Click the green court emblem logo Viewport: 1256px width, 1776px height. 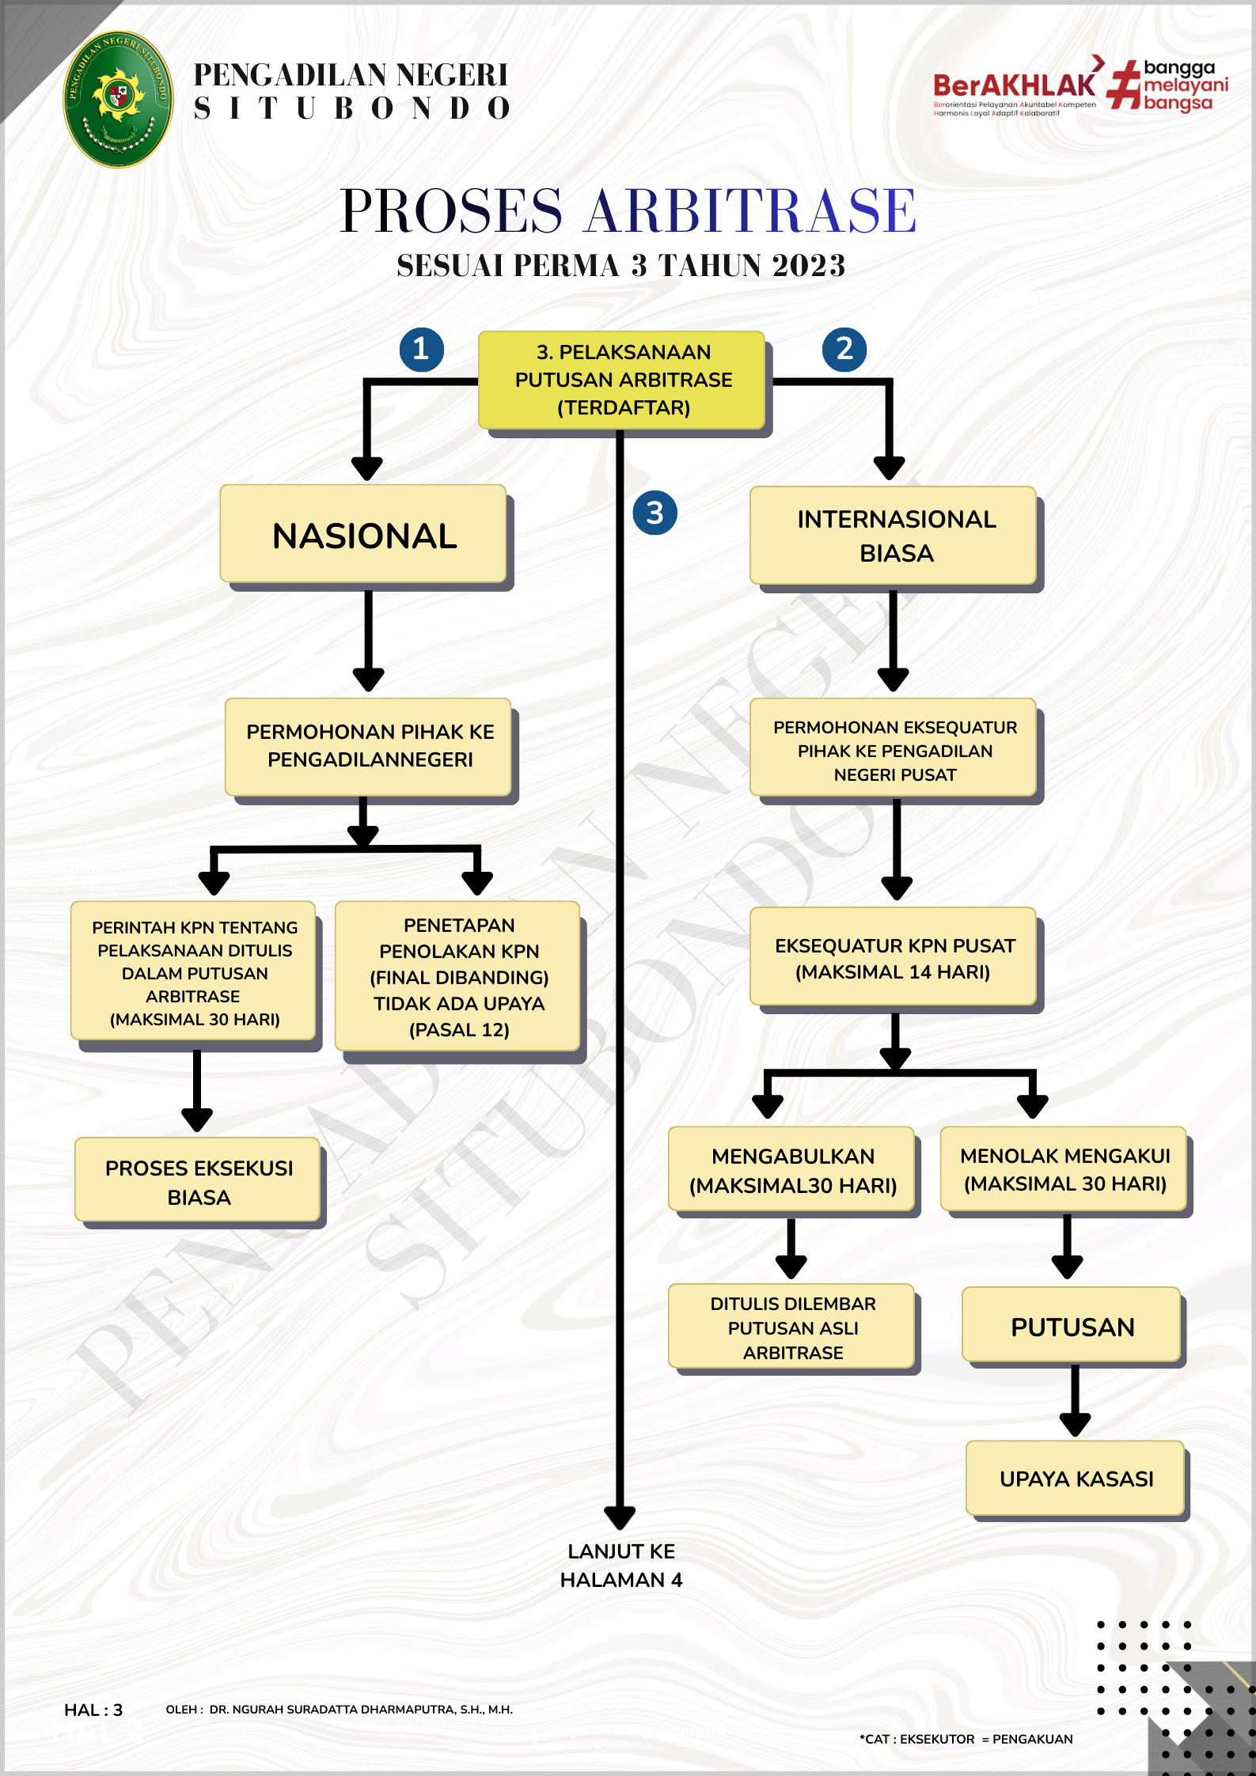(118, 99)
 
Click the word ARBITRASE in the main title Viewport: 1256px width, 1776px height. (749, 211)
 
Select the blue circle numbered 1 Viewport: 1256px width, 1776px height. (421, 349)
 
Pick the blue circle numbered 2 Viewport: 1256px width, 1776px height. (844, 349)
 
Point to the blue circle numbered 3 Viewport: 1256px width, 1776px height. (655, 513)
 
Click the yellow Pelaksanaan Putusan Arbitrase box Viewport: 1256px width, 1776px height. (622, 381)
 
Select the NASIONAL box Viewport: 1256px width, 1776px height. (363, 534)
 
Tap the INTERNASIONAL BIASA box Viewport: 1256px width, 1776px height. (893, 536)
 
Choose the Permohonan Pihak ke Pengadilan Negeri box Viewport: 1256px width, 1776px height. (368, 747)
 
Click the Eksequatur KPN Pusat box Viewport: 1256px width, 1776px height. (893, 956)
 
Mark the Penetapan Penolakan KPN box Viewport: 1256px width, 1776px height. (457, 976)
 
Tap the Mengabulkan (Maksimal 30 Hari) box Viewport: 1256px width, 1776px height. (791, 1169)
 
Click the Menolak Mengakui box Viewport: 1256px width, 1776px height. (1064, 1169)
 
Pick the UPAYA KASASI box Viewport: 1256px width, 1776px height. (1076, 1478)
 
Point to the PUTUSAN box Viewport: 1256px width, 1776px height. (1072, 1324)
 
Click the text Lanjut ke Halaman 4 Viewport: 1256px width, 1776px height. (621, 1566)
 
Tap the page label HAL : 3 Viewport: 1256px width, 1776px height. (93, 1710)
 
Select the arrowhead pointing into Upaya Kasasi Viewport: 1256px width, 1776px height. (1075, 1425)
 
